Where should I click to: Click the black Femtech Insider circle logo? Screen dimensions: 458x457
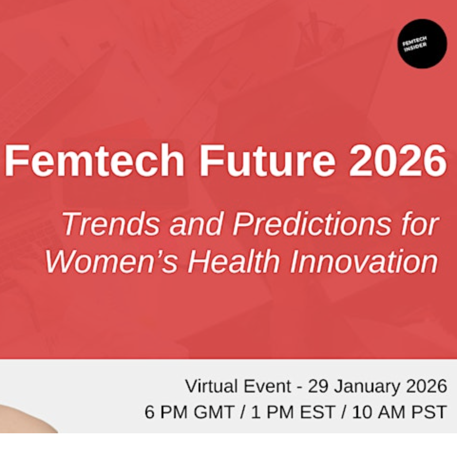(422, 44)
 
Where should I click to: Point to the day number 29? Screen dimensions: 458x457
(320, 386)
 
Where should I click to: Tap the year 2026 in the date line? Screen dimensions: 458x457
(426, 386)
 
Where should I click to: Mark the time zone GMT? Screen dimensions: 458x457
(212, 412)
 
